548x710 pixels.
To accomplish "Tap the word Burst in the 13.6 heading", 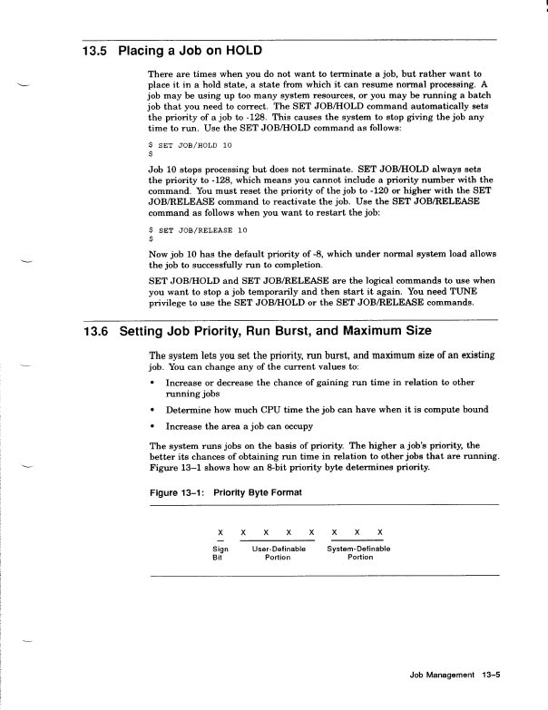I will tap(328, 332).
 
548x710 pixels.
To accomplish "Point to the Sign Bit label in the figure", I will tap(220, 553).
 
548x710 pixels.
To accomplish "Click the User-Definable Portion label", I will tap(278, 553).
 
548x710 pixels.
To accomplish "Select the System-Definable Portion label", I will tap(358, 553).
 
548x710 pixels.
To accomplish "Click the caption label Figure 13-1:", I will tap(177, 491).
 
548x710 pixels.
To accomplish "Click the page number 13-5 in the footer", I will tap(493, 676).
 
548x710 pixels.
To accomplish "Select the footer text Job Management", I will tap(442, 676).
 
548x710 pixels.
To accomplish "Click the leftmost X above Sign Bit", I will tap(220, 531).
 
